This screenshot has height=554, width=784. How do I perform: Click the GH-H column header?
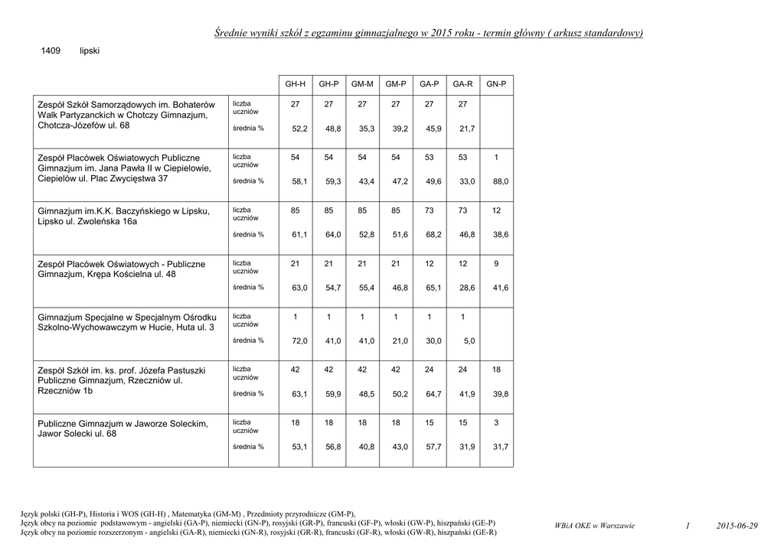295,83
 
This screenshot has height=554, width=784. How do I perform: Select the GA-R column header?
462,83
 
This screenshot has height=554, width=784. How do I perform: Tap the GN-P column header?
496,83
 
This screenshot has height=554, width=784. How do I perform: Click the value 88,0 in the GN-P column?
501,181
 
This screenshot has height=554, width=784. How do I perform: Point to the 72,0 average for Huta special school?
299,341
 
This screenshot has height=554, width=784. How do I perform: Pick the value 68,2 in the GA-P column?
433,234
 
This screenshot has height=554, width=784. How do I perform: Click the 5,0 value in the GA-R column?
469,341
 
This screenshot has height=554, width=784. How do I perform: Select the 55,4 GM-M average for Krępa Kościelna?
367,288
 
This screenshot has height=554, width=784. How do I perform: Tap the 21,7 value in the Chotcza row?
467,129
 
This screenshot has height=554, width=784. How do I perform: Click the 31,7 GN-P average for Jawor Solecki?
501,447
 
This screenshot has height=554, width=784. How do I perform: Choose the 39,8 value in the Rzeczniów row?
501,394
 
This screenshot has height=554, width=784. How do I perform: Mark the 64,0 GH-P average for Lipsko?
333,234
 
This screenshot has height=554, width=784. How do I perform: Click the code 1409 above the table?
51,51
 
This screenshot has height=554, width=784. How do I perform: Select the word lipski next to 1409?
90,51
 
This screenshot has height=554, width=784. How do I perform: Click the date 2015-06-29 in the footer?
737,526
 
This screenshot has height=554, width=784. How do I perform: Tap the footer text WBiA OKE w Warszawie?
594,526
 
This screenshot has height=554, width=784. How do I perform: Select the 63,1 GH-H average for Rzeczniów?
299,394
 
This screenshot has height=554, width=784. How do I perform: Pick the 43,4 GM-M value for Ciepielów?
367,181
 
